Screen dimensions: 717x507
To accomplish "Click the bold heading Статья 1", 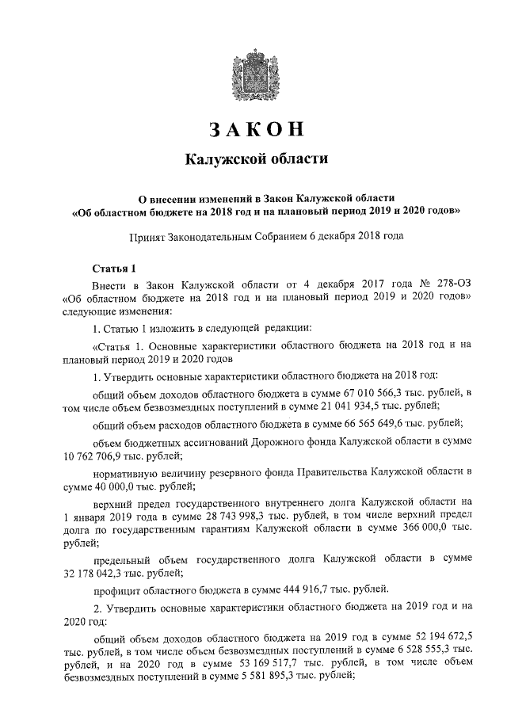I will point(115,267).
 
